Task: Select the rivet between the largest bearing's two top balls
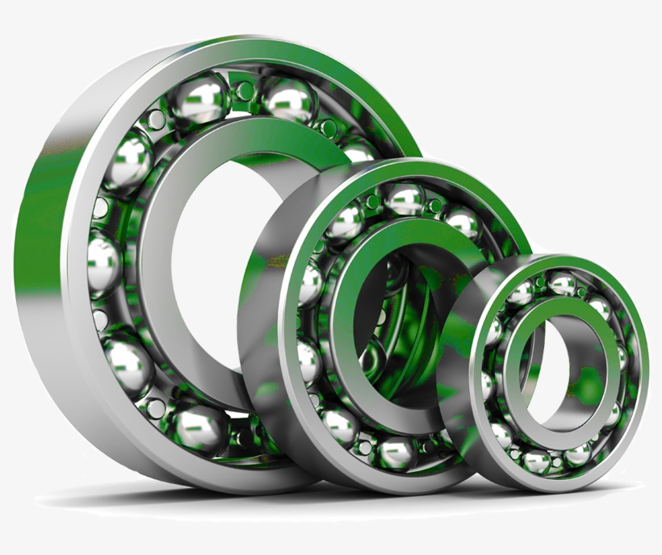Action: [x=244, y=90]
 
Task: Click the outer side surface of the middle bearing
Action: [x=262, y=339]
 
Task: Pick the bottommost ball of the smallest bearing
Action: [x=536, y=461]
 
